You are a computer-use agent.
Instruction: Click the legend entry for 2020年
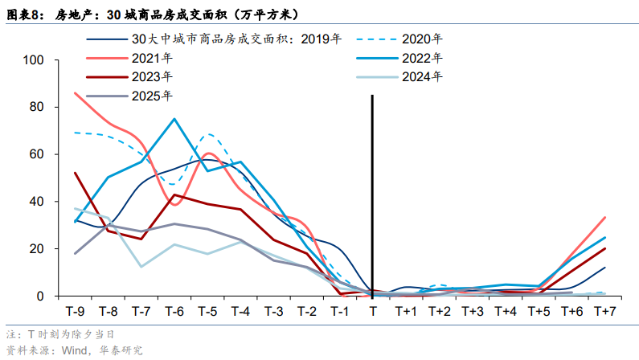422,38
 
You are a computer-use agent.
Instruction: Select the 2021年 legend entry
153,57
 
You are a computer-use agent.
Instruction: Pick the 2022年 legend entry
422,57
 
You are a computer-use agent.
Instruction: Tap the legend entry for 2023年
153,76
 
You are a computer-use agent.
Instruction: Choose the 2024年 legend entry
422,76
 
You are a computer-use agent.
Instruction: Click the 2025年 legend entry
153,96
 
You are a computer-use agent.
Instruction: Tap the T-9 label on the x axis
75,311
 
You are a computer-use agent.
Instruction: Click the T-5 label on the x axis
207,311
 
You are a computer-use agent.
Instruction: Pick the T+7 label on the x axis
604,311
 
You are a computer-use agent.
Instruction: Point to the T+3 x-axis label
472,311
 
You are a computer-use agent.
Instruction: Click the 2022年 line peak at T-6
174,119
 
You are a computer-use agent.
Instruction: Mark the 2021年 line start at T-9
75,93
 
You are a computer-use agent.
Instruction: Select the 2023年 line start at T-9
75,173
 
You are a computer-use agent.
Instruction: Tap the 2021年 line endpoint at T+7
604,218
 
